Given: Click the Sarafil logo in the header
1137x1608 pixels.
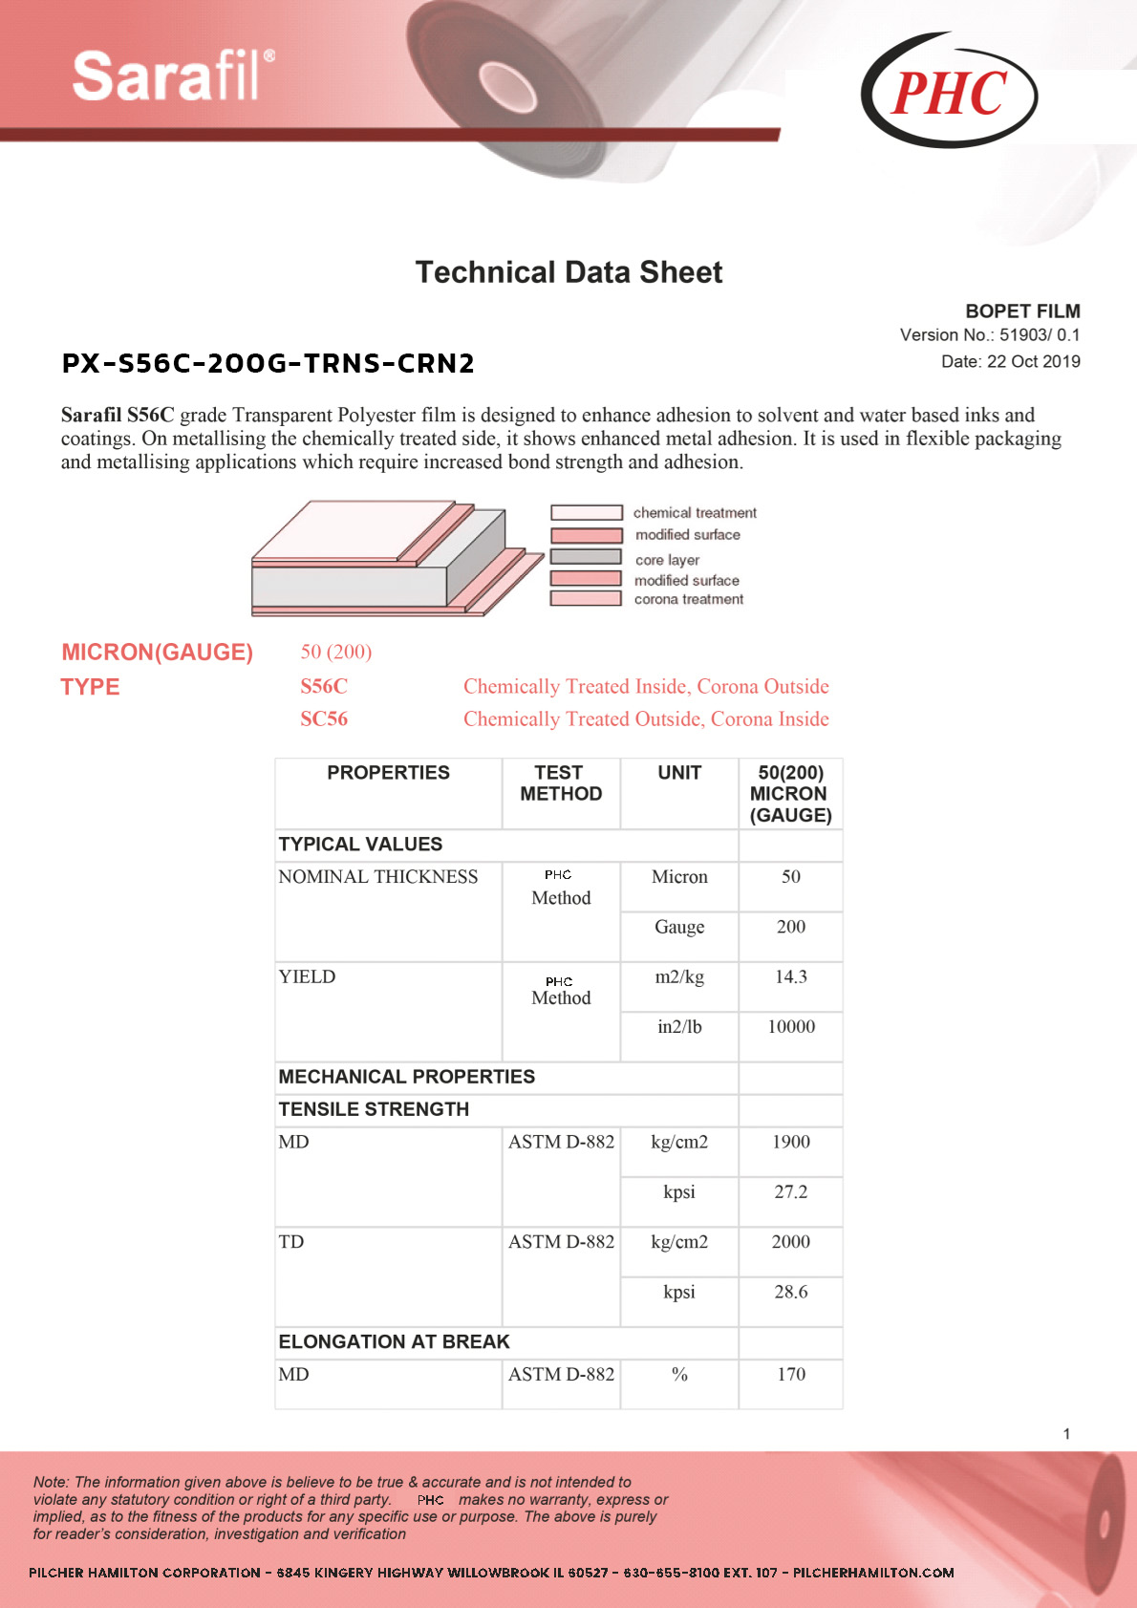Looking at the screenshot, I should [172, 76].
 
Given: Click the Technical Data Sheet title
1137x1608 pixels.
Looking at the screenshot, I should [568, 272].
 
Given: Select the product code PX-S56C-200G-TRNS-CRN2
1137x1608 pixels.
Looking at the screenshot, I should [268, 363].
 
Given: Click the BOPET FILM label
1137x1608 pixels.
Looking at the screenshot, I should [1022, 311].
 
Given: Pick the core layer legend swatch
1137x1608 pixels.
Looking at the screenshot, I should [586, 557].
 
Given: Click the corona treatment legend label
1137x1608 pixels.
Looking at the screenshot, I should [688, 599].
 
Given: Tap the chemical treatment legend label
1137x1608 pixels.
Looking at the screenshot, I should [695, 513].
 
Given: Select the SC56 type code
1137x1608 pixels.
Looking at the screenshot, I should [324, 718].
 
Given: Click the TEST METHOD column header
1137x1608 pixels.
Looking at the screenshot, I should [561, 783].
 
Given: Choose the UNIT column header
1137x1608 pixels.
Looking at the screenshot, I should [679, 773].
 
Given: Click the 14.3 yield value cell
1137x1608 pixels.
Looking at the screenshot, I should [791, 976].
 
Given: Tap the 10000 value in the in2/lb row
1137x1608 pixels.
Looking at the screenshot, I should [791, 1027].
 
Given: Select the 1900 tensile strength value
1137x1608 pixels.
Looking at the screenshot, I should [791, 1142].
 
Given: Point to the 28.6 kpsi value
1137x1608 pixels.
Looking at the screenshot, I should [791, 1292].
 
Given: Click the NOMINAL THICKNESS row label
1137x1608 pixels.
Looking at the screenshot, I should [378, 877].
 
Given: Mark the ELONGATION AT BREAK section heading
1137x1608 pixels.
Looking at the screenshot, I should [394, 1341].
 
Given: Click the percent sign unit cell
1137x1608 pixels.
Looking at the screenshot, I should [679, 1374].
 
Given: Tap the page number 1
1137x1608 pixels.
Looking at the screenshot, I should [1066, 1433].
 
